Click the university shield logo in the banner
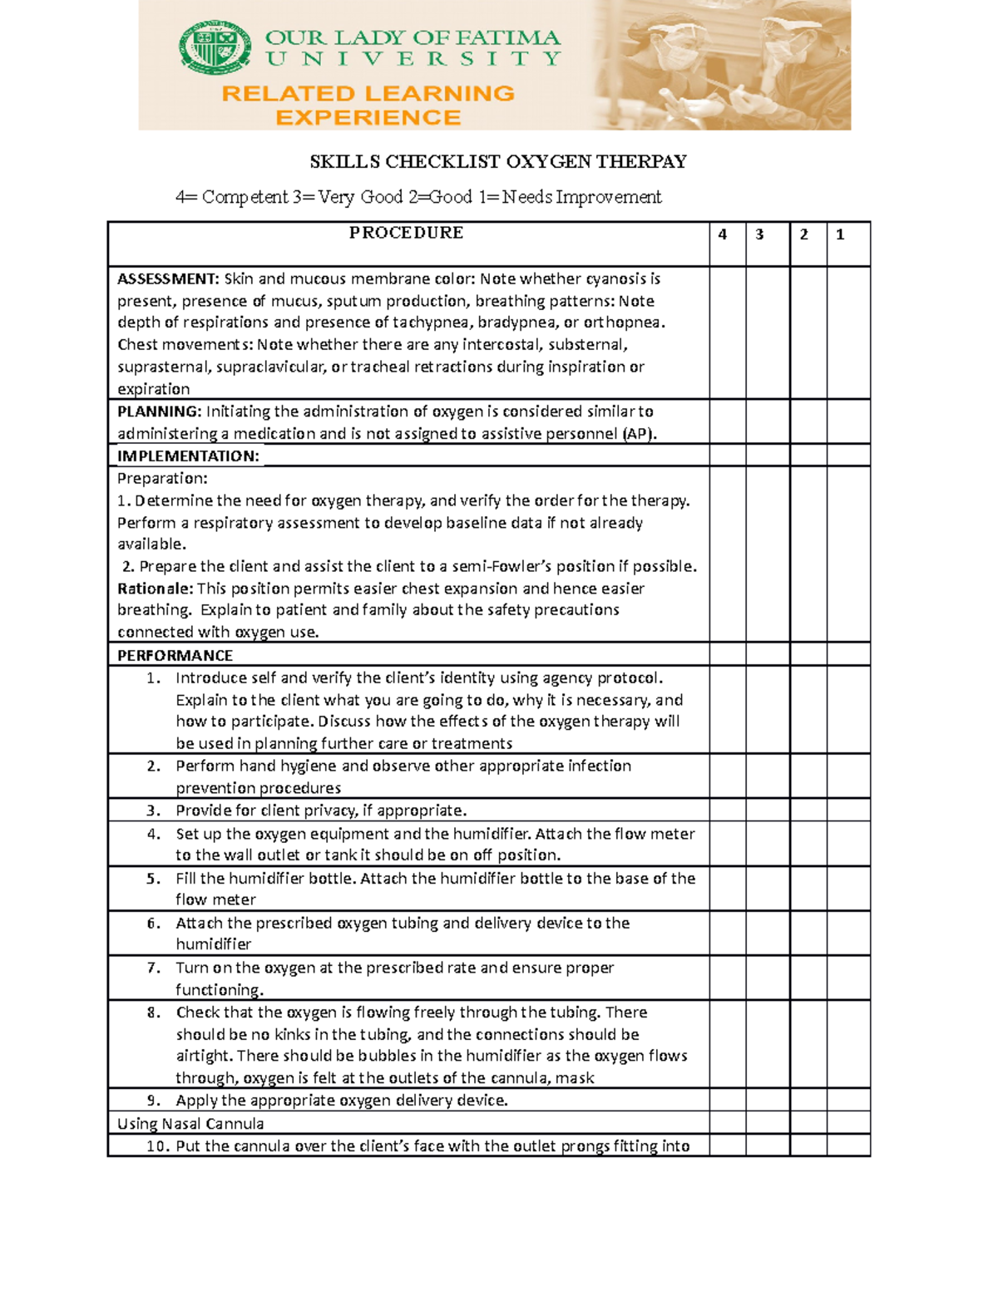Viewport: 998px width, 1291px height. pyautogui.click(x=215, y=47)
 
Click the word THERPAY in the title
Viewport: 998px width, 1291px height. pyautogui.click(x=641, y=161)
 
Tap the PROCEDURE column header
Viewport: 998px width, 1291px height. pyautogui.click(x=406, y=233)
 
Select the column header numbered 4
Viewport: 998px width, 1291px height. pyautogui.click(x=723, y=234)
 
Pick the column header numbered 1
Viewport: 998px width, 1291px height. pyautogui.click(x=840, y=234)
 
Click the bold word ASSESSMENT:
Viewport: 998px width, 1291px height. pyautogui.click(x=168, y=278)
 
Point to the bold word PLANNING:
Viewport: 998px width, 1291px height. pyautogui.click(x=159, y=411)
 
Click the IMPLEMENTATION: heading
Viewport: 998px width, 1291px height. pyautogui.click(x=188, y=456)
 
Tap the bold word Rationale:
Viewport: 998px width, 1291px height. pyautogui.click(x=156, y=589)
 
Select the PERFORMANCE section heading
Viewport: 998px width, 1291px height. pyautogui.click(x=175, y=655)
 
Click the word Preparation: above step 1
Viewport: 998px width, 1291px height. pyautogui.click(x=162, y=478)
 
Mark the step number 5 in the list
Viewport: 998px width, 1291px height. pyautogui.click(x=153, y=879)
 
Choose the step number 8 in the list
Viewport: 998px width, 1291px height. pyautogui.click(x=153, y=1013)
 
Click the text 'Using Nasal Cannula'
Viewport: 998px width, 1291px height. pyautogui.click(x=190, y=1124)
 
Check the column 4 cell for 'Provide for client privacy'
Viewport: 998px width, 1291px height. pyautogui.click(x=727, y=810)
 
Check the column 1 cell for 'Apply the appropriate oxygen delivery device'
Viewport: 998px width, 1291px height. pyautogui.click(x=848, y=1100)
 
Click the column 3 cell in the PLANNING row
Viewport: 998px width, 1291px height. pyautogui.click(x=767, y=421)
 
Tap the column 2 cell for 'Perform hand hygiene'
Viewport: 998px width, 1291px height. pyautogui.click(x=808, y=776)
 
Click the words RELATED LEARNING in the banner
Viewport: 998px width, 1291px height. pyautogui.click(x=368, y=93)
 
